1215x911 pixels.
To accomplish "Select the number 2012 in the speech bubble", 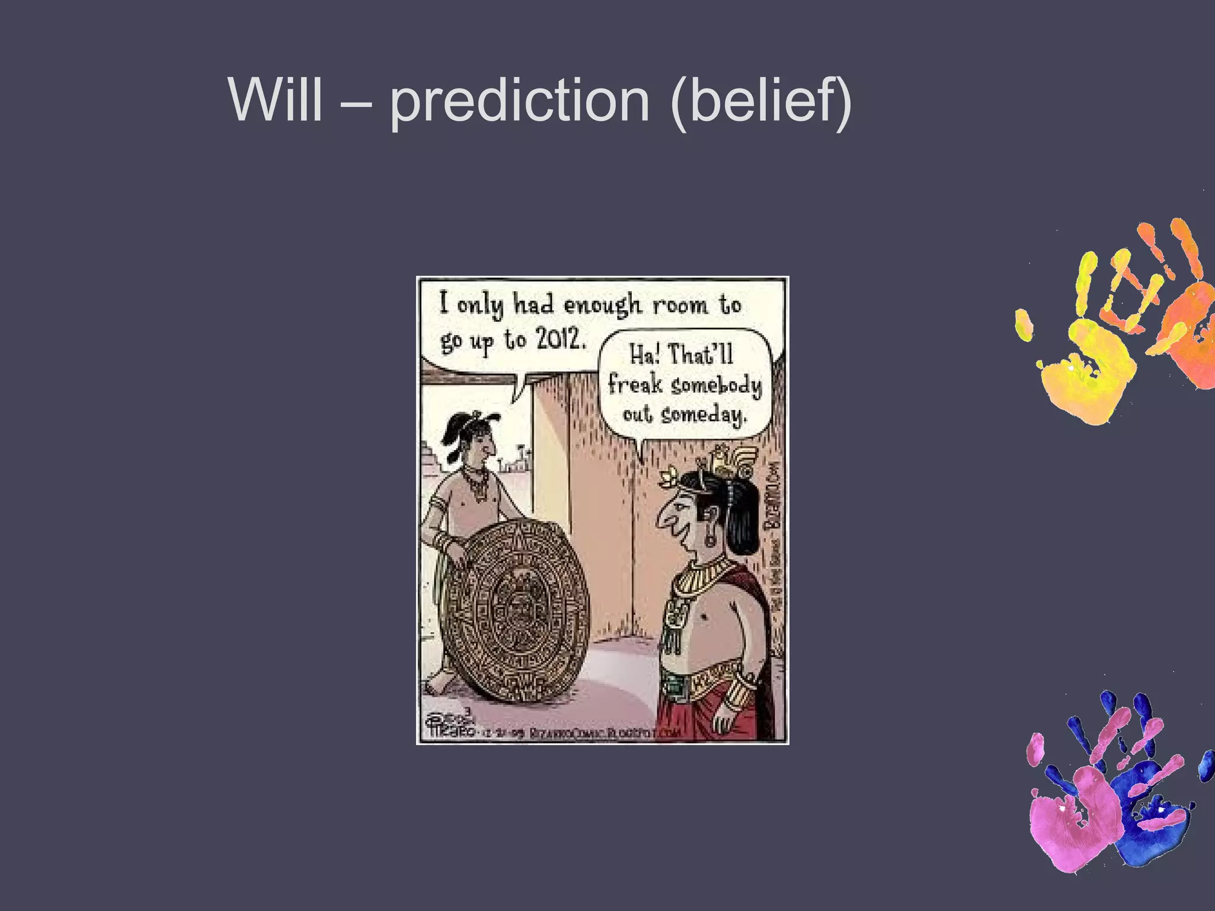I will click(561, 339).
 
